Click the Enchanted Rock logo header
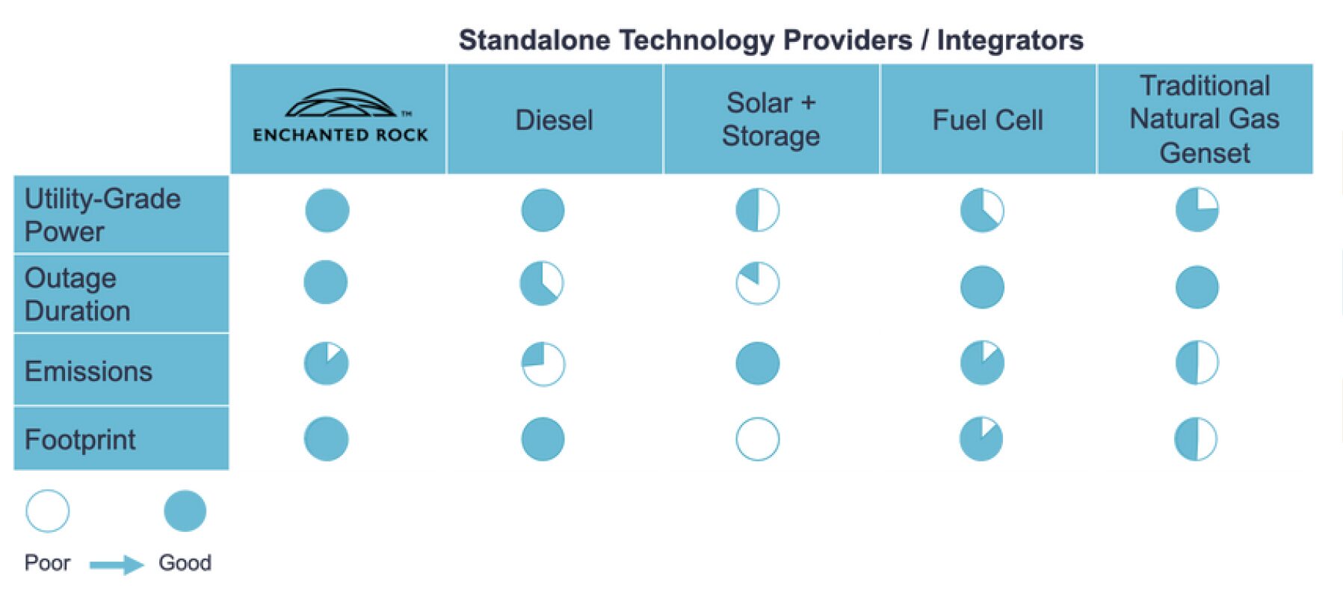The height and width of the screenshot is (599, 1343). tap(339, 119)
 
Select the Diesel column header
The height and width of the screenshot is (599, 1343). tap(554, 120)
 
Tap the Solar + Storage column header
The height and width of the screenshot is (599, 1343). tap(771, 120)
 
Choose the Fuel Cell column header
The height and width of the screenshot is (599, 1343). tap(987, 120)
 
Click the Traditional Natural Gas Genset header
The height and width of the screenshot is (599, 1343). tap(1204, 120)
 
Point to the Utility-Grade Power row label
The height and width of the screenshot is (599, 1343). tap(102, 215)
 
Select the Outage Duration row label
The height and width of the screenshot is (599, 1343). tap(78, 294)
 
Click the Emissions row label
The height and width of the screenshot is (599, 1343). tap(88, 371)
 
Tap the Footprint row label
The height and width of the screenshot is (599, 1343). tap(80, 440)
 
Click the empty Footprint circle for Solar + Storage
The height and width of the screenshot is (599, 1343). tap(757, 439)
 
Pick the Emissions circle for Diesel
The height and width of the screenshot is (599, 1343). tap(543, 364)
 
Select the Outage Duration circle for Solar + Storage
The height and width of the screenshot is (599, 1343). tap(757, 283)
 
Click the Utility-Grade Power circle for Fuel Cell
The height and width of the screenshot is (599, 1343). tap(981, 210)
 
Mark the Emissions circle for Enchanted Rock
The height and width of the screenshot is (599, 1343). tap(326, 363)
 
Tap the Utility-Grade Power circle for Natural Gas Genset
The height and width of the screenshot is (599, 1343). tap(1197, 210)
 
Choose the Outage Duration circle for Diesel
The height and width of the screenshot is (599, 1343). tap(542, 283)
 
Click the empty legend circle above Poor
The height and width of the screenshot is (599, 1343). tap(47, 511)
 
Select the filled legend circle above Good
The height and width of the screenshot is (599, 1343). tap(185, 511)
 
